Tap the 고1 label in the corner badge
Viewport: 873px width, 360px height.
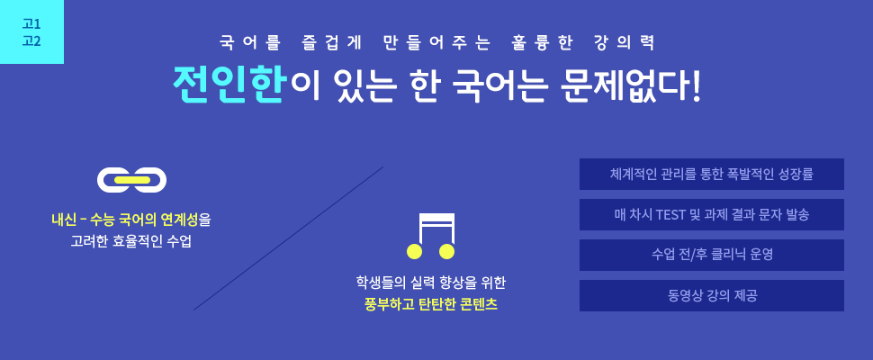point(31,24)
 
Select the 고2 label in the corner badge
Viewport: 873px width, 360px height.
point(31,41)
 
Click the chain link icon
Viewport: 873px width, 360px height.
point(132,180)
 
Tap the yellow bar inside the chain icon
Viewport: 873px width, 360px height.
point(132,180)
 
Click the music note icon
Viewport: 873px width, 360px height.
point(431,237)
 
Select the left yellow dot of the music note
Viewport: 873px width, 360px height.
point(415,251)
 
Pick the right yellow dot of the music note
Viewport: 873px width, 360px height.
point(447,251)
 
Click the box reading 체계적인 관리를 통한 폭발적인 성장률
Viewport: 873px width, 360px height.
point(712,175)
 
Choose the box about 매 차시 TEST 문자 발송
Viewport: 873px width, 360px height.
point(712,215)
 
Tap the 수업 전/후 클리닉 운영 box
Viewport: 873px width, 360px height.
point(712,256)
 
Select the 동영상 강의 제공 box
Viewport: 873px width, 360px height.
point(712,295)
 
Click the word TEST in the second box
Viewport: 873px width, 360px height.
point(670,215)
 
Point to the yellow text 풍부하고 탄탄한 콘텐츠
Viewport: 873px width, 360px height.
point(431,305)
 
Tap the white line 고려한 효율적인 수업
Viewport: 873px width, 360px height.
point(130,243)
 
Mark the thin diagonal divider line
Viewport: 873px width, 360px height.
point(288,238)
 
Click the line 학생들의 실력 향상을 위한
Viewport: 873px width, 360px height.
point(431,283)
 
